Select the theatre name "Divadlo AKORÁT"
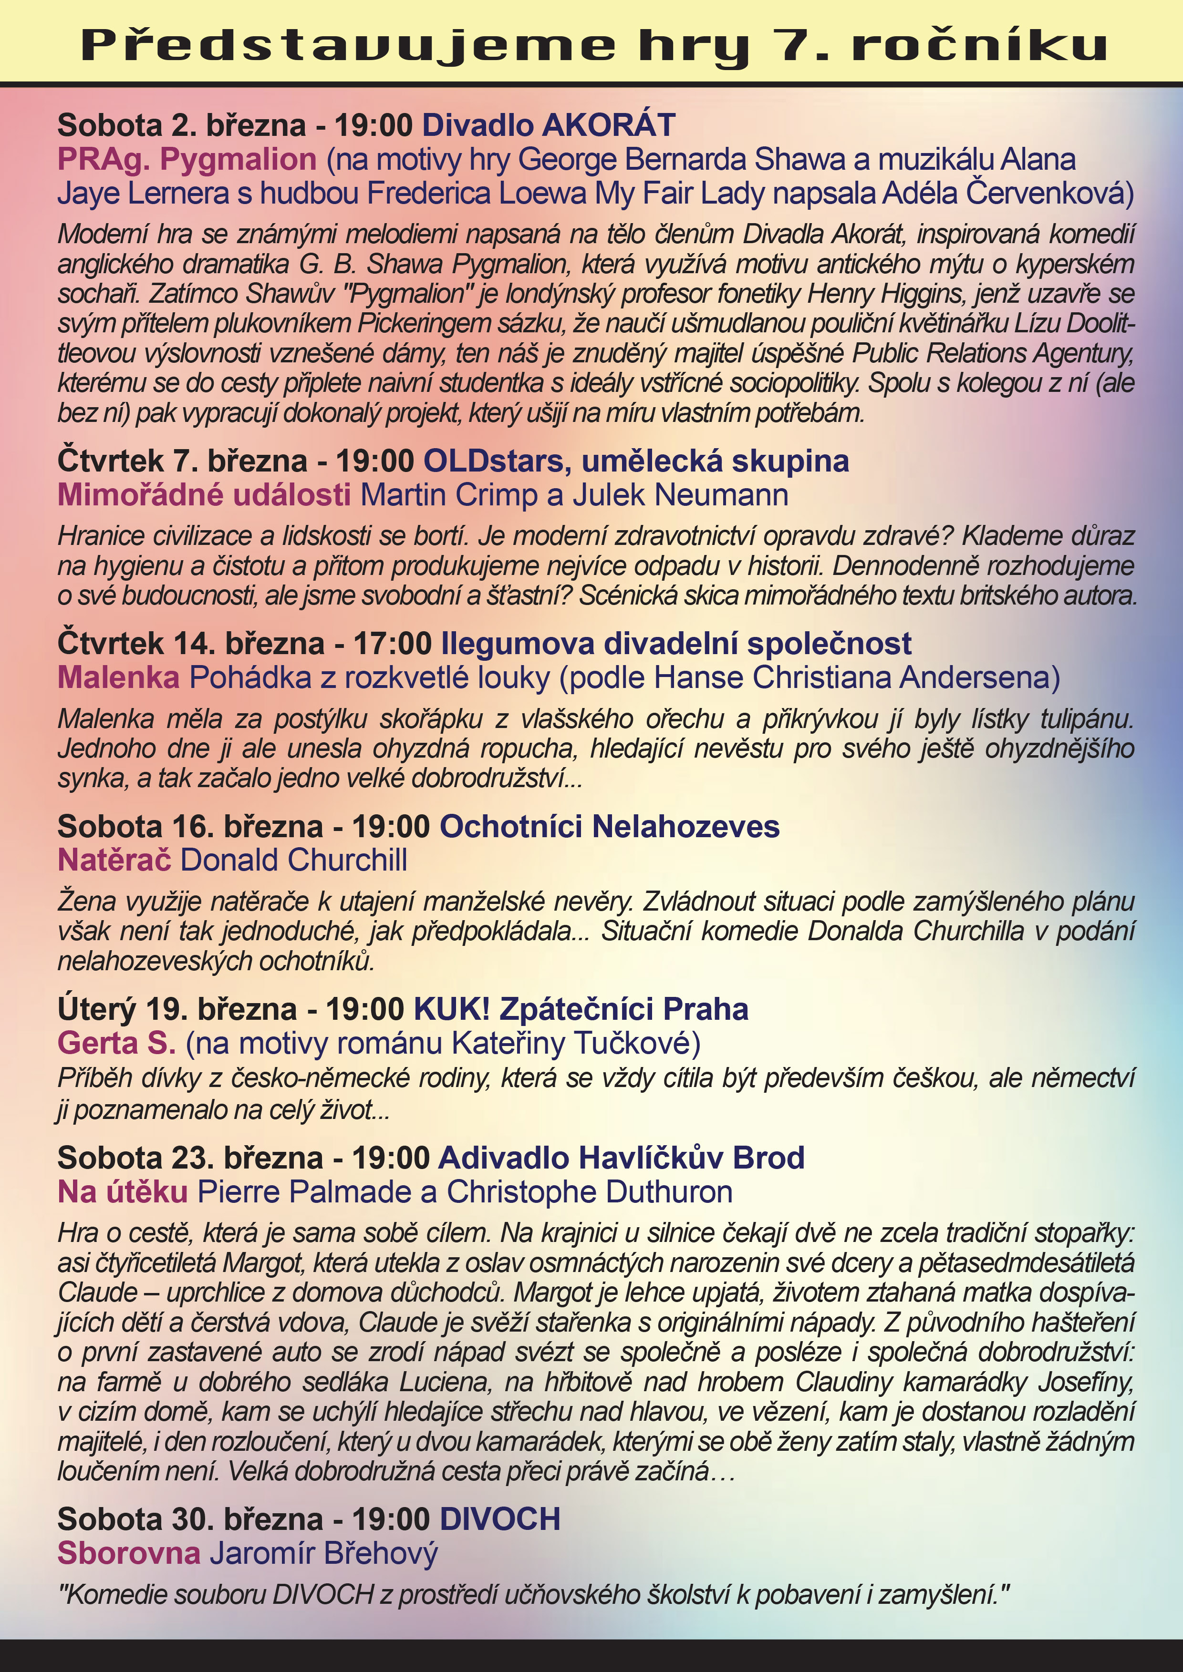pyautogui.click(x=549, y=125)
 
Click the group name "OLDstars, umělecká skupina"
pyautogui.click(x=636, y=461)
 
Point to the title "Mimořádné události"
pyautogui.click(x=204, y=495)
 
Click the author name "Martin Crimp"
pyautogui.click(x=449, y=495)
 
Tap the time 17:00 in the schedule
pyautogui.click(x=393, y=644)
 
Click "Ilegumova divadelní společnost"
pyautogui.click(x=676, y=644)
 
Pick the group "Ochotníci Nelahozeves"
pyautogui.click(x=610, y=827)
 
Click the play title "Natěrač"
pyautogui.click(x=114, y=860)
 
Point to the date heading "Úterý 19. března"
pyautogui.click(x=177, y=1009)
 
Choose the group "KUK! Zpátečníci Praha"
pyautogui.click(x=581, y=1009)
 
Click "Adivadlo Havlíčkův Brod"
pyautogui.click(x=622, y=1158)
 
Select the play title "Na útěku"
pyautogui.click(x=123, y=1191)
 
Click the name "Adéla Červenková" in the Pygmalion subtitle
pyautogui.click(x=1007, y=194)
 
